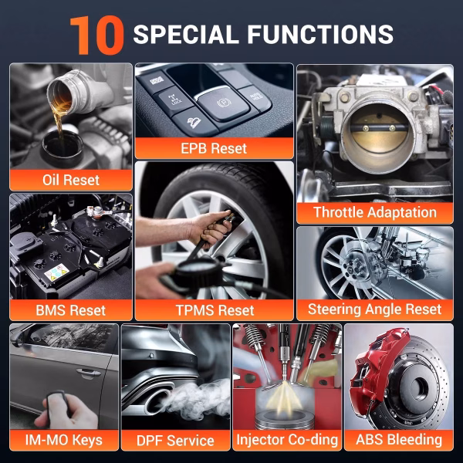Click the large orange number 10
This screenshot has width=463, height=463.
[x=96, y=35]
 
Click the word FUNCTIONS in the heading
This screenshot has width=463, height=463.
[x=320, y=34]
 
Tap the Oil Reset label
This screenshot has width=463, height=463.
[x=71, y=180]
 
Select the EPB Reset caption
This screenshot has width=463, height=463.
[x=214, y=148]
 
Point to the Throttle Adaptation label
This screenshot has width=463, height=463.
[x=375, y=212]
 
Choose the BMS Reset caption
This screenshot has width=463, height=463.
[x=71, y=310]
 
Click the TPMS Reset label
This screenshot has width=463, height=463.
[x=215, y=310]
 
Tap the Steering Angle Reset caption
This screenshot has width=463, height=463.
[x=375, y=309]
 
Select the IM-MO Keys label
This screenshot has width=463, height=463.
[x=64, y=440]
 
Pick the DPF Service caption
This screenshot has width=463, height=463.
[x=175, y=441]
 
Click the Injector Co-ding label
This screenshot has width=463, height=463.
[x=287, y=440]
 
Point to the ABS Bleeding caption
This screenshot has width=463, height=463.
[x=399, y=439]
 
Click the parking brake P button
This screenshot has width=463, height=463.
[x=223, y=103]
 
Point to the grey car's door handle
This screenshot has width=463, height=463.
[x=88, y=373]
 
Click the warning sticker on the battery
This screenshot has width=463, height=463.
[x=56, y=272]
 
